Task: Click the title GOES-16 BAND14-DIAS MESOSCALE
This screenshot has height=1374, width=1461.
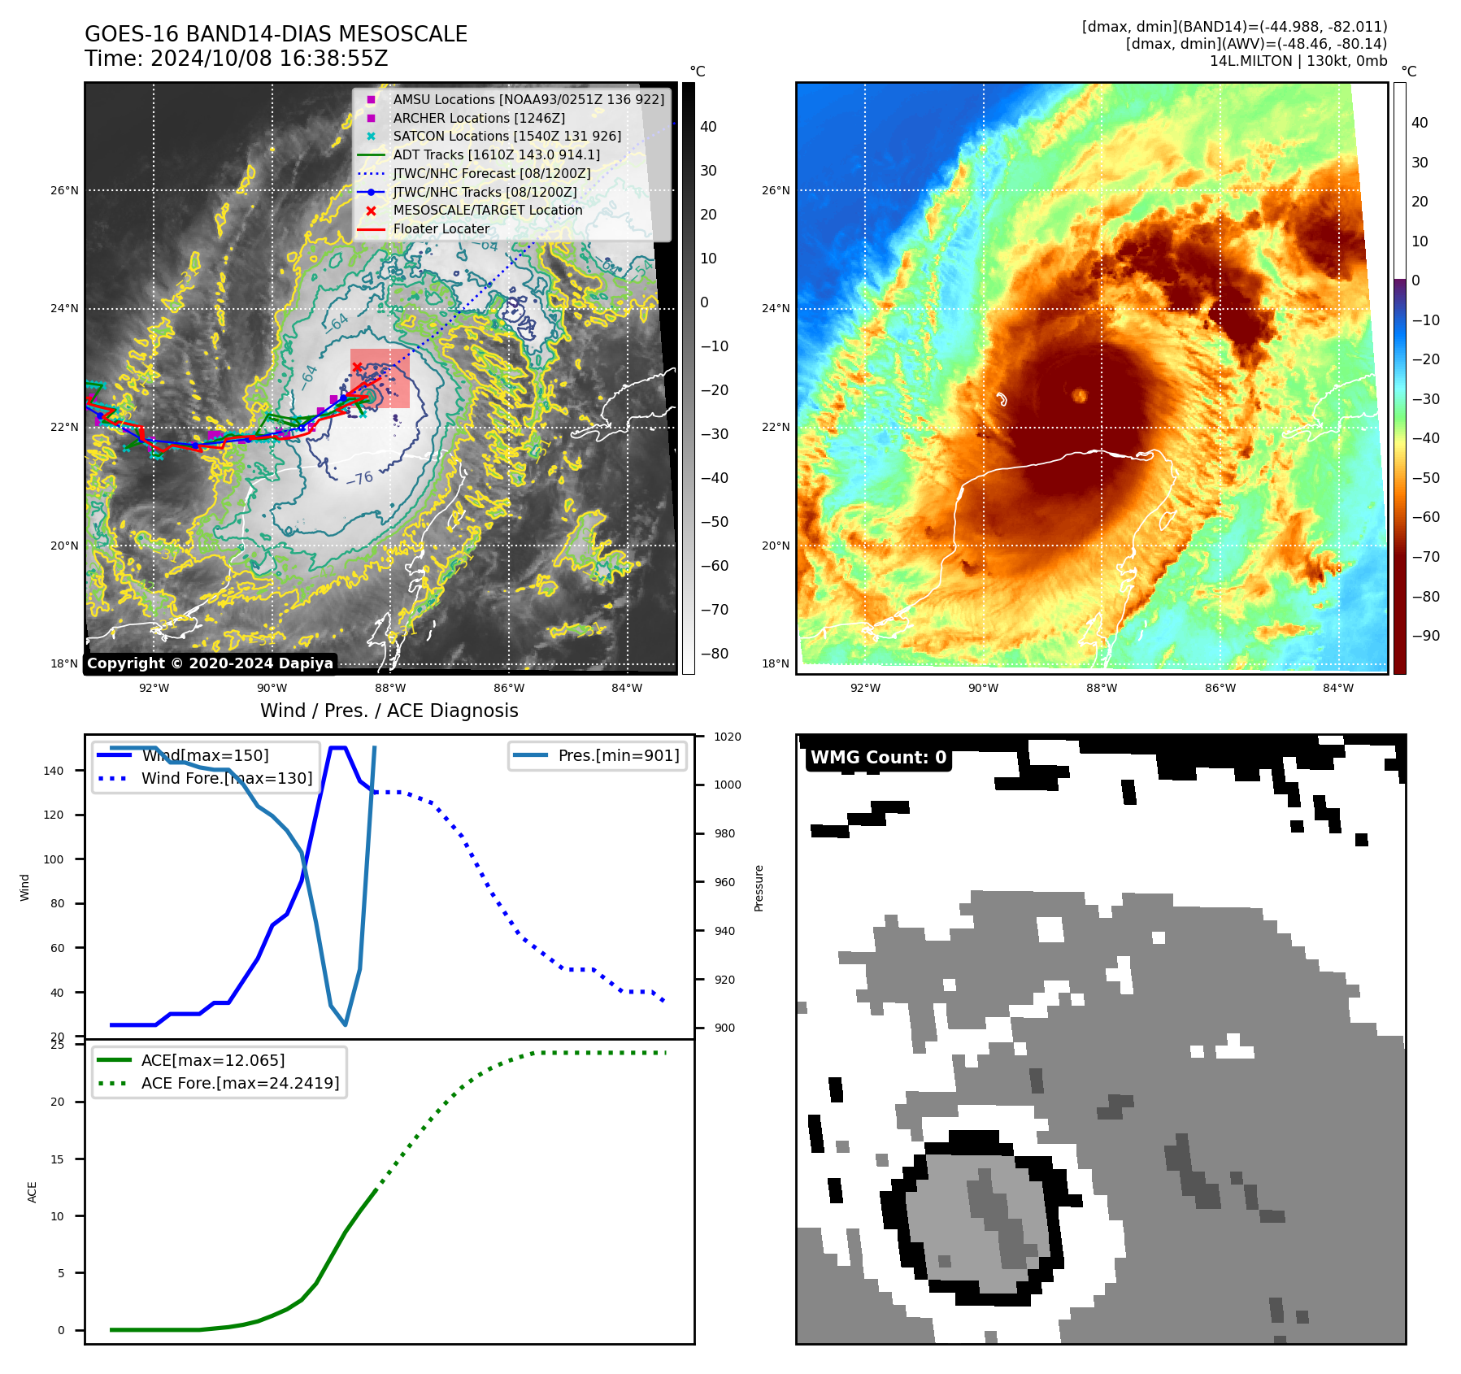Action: point(276,34)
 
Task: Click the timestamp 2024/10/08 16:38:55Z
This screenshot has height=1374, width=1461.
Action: point(269,59)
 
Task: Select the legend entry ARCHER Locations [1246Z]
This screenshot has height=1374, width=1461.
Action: point(478,118)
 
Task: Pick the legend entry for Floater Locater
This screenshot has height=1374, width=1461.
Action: point(441,228)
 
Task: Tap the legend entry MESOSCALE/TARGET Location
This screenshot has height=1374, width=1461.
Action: point(487,210)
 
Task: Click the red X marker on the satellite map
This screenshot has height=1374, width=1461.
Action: point(357,367)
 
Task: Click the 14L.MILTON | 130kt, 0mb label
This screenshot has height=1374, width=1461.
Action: point(1298,61)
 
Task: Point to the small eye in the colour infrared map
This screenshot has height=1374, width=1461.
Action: point(1080,395)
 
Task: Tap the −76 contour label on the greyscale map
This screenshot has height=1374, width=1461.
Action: point(359,478)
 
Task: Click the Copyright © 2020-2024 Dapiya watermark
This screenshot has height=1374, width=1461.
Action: point(210,663)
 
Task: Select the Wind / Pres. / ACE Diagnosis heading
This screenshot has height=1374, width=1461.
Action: point(389,711)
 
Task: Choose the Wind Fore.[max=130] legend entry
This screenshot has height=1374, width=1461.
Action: point(226,778)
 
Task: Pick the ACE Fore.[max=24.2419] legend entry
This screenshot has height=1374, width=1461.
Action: point(240,1083)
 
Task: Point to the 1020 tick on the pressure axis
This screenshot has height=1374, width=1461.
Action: point(728,737)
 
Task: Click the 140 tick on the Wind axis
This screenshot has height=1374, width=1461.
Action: point(54,771)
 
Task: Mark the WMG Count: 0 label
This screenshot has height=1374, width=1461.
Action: point(878,758)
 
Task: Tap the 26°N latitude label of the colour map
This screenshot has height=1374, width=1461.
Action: point(775,190)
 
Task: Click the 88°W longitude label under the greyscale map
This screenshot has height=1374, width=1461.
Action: point(390,688)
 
